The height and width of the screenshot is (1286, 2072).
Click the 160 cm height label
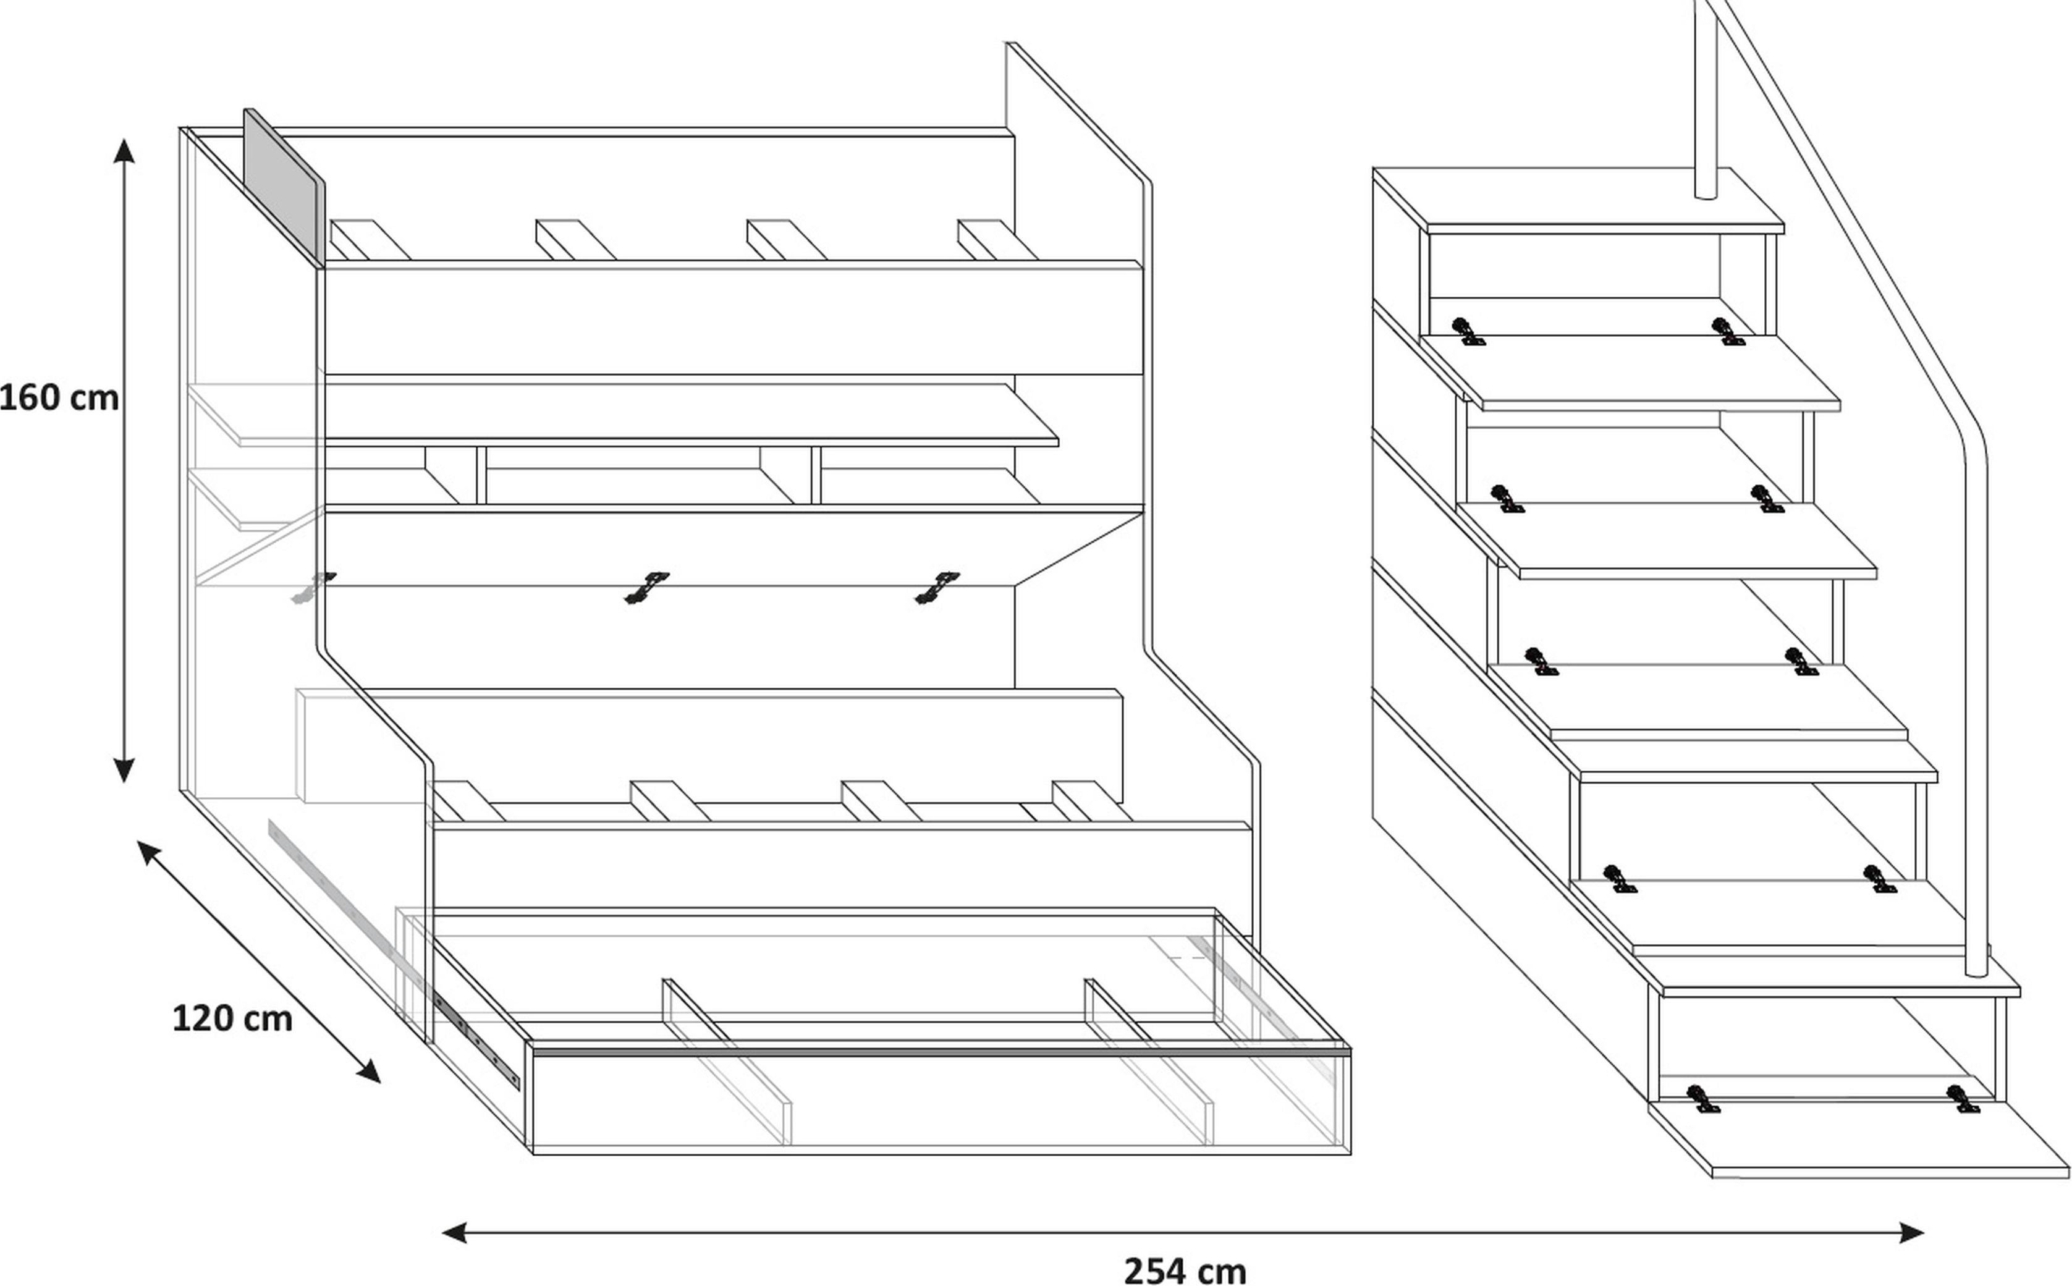pos(58,398)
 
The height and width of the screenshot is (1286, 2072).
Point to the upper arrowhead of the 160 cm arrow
pos(124,151)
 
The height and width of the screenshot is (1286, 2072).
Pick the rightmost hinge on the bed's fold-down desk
pos(937,587)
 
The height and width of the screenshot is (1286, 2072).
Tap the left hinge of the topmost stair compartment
pos(1468,332)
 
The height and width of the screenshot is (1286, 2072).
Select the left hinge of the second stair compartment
pos(1507,499)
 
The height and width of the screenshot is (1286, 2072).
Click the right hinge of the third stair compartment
pos(1801,662)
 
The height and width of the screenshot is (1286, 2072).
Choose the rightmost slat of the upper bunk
pos(997,240)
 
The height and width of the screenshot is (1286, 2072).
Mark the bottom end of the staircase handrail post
pos(1976,971)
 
